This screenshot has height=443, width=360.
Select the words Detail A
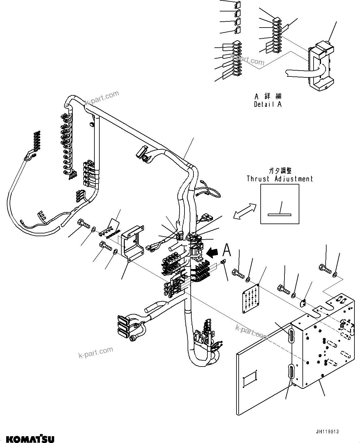(x=268, y=104)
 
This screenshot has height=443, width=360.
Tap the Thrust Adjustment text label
(x=280, y=179)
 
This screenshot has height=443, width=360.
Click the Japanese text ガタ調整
(x=280, y=171)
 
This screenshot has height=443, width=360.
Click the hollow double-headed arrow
(x=245, y=212)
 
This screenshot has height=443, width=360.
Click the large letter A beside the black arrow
(x=227, y=250)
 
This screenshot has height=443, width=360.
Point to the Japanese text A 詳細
(x=268, y=97)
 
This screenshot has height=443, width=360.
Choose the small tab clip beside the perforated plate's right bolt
(x=303, y=303)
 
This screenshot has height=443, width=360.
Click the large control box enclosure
(x=323, y=341)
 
